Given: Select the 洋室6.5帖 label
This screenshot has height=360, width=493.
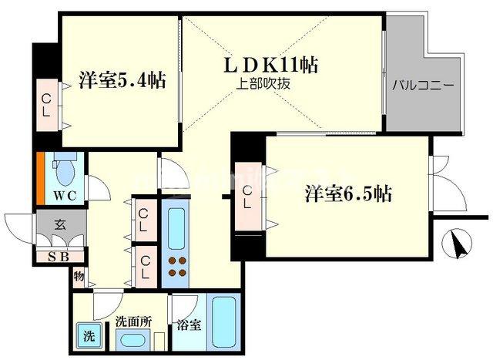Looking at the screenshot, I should click(x=347, y=194).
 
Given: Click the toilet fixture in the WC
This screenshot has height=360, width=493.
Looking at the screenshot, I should click(x=66, y=167).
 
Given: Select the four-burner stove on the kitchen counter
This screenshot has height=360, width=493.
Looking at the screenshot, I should click(x=178, y=265).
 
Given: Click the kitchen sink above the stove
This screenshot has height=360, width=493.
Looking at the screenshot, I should click(x=177, y=224).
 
